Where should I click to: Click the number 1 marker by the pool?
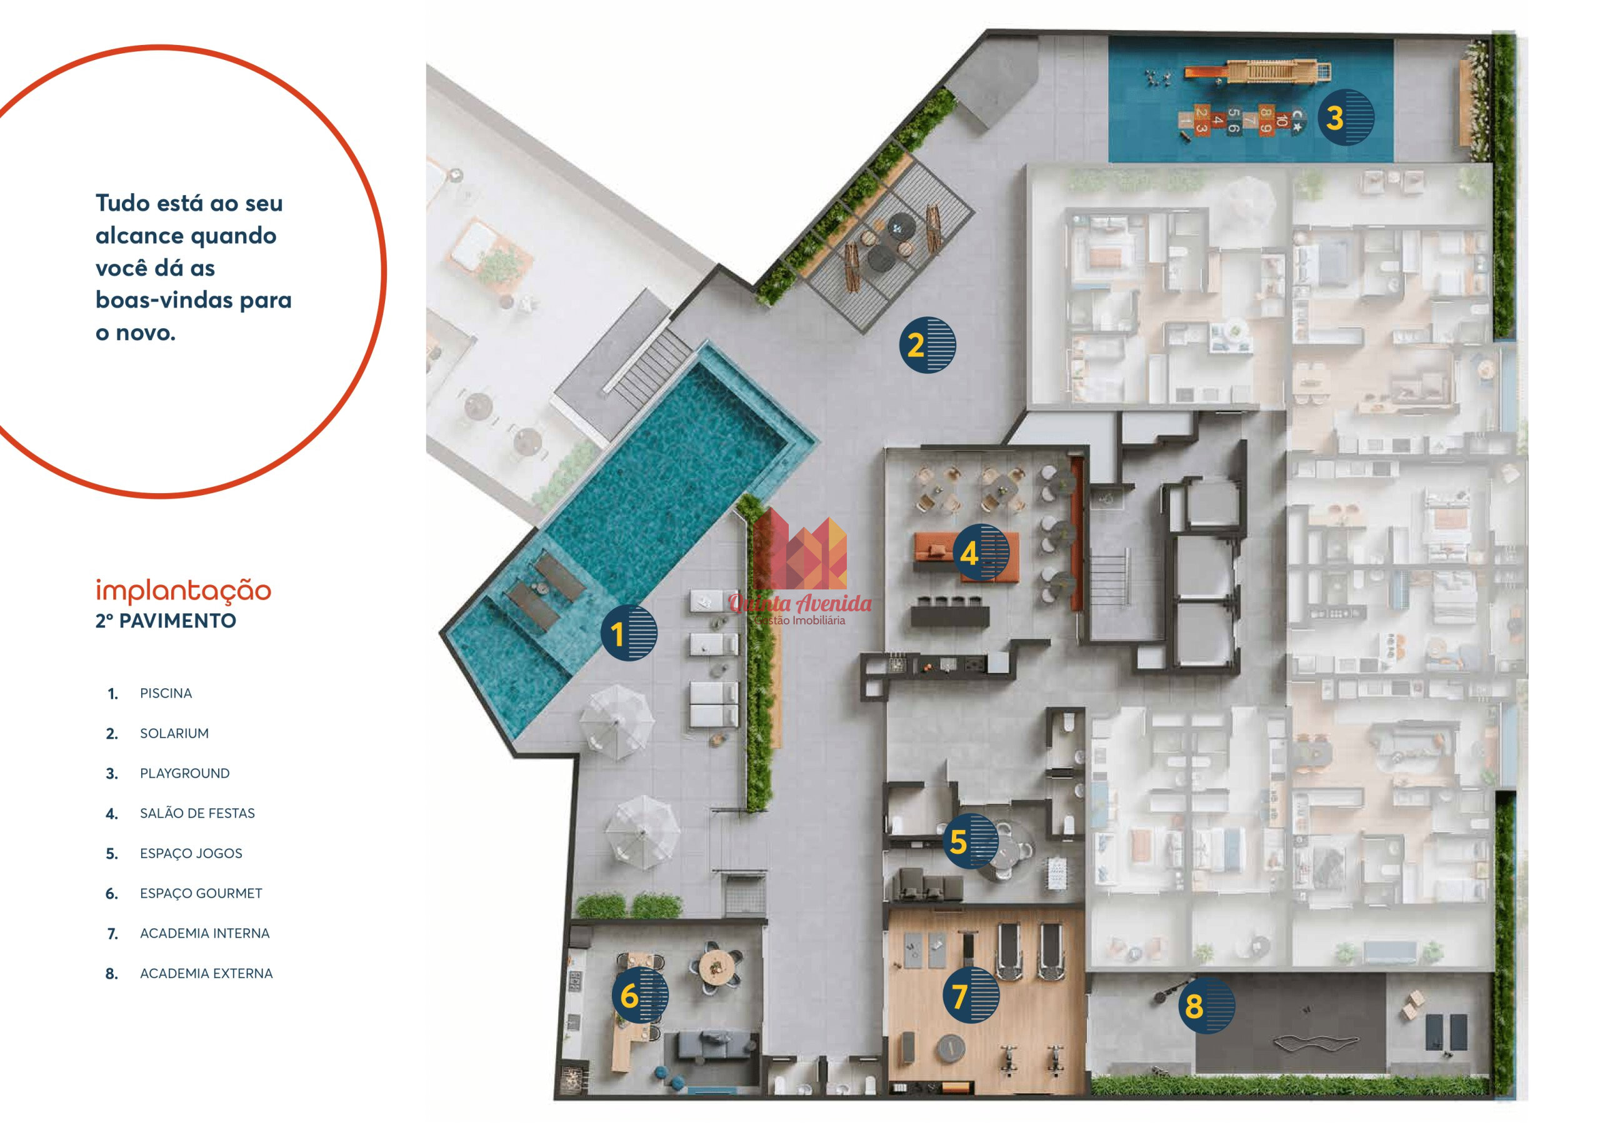(x=629, y=633)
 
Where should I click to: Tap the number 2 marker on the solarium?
(x=927, y=345)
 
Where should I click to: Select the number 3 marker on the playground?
(x=1346, y=117)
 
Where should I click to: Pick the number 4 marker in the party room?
(x=981, y=553)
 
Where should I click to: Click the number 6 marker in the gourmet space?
(x=640, y=994)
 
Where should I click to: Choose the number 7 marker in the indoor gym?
(x=971, y=994)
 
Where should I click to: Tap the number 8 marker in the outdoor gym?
(x=1206, y=1004)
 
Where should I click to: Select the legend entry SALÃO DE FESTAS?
(x=197, y=813)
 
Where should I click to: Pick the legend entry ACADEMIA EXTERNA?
(x=206, y=974)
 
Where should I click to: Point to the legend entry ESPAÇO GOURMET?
(x=201, y=894)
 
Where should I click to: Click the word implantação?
(x=183, y=591)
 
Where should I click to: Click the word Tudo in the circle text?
(x=122, y=203)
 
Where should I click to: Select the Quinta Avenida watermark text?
(x=800, y=603)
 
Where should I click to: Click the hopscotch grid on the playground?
(x=1241, y=120)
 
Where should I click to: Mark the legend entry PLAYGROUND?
(x=184, y=774)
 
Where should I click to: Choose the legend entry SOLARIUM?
(x=174, y=733)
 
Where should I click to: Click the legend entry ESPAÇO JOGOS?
(x=191, y=854)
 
